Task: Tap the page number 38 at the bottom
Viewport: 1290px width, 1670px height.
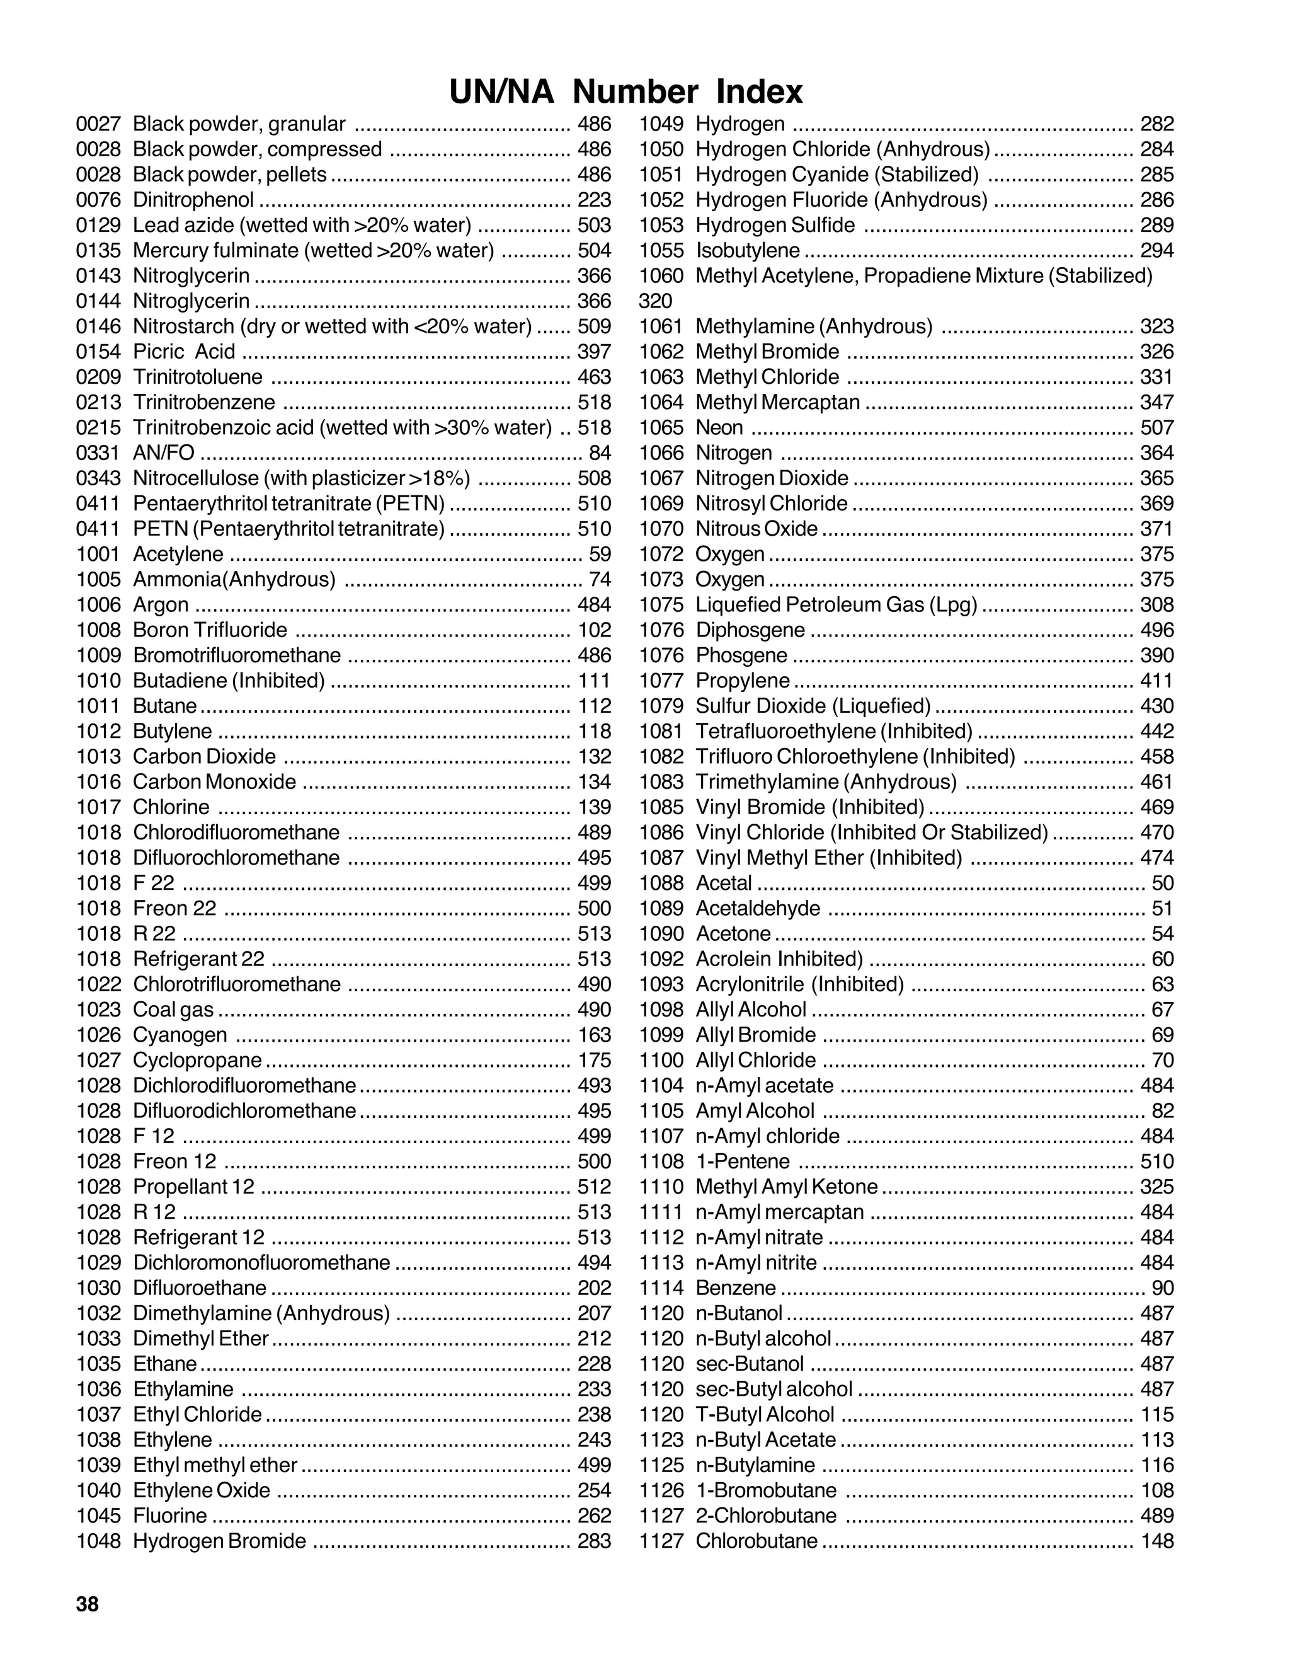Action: pyautogui.click(x=87, y=1604)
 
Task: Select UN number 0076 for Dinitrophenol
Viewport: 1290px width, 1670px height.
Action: pyautogui.click(x=99, y=200)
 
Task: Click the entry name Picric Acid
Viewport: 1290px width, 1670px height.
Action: pyautogui.click(x=183, y=352)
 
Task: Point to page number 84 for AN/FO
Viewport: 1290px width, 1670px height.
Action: pyautogui.click(x=600, y=452)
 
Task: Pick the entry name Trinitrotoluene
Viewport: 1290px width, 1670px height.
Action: pyautogui.click(x=197, y=377)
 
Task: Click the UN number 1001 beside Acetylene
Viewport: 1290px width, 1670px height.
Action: pyautogui.click(x=99, y=555)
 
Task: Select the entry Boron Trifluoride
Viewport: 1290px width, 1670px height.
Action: pyautogui.click(x=210, y=630)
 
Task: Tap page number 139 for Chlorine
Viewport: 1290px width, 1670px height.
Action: pyautogui.click(x=595, y=807)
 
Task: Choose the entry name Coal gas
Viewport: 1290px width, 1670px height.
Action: pyautogui.click(x=173, y=1010)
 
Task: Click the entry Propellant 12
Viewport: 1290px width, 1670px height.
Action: pyautogui.click(x=193, y=1187)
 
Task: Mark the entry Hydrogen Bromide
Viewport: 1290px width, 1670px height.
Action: pyautogui.click(x=219, y=1541)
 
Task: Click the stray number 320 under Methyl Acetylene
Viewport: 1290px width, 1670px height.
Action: pyautogui.click(x=655, y=301)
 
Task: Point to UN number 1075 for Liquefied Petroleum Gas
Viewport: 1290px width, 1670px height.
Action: pyautogui.click(x=661, y=605)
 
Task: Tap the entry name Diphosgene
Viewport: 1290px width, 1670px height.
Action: pyautogui.click(x=750, y=630)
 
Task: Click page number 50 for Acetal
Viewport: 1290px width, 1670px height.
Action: pyautogui.click(x=1162, y=883)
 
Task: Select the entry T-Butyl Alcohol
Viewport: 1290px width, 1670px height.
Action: pyautogui.click(x=764, y=1415)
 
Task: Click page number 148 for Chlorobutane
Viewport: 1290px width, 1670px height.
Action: pyautogui.click(x=1157, y=1541)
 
